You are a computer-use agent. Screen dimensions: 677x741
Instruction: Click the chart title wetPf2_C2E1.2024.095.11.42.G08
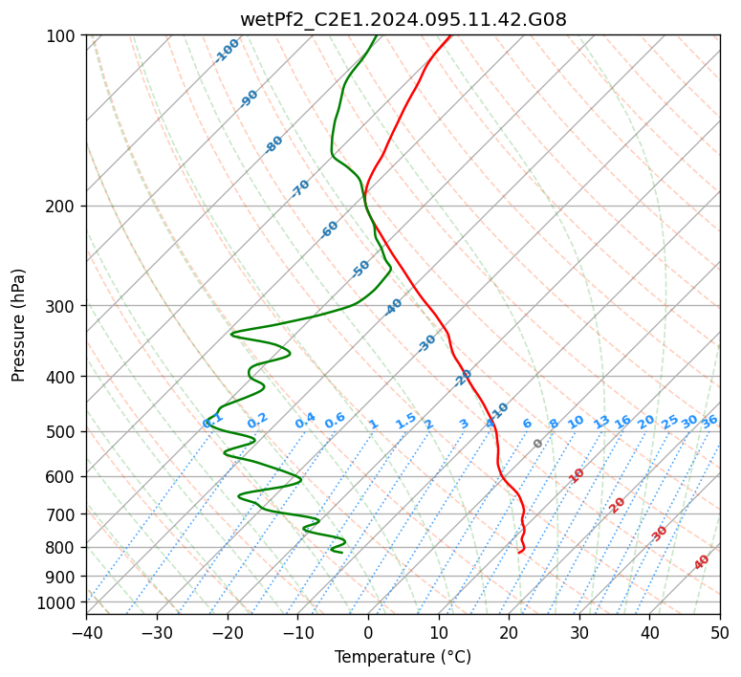pyautogui.click(x=403, y=19)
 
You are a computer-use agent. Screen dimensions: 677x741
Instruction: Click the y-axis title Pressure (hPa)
pyautogui.click(x=19, y=325)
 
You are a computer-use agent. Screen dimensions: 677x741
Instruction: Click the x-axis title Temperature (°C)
pyautogui.click(x=403, y=658)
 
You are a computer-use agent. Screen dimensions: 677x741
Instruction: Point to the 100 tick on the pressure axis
pyautogui.click(x=63, y=35)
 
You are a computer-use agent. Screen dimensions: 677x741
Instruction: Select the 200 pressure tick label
pyautogui.click(x=63, y=206)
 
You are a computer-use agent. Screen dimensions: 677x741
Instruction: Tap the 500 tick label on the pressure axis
pyautogui.click(x=63, y=431)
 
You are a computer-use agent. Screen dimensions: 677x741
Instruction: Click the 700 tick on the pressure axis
pyautogui.click(x=63, y=514)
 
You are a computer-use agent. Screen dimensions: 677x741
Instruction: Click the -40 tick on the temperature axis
pyautogui.click(x=86, y=632)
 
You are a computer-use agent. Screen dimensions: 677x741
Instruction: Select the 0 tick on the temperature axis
pyautogui.click(x=368, y=632)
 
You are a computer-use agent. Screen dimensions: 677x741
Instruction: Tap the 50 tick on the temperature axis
pyautogui.click(x=720, y=632)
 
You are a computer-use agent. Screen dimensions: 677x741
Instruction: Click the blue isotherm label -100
pyautogui.click(x=228, y=50)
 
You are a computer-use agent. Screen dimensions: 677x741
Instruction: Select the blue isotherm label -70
pyautogui.click(x=300, y=188)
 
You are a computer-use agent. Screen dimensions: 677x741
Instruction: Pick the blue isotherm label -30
pyautogui.click(x=426, y=343)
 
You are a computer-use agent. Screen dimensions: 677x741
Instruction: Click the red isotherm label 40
pyautogui.click(x=702, y=562)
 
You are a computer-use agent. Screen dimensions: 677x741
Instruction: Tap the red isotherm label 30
pyautogui.click(x=660, y=534)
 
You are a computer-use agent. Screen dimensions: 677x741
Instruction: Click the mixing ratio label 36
pyautogui.click(x=709, y=421)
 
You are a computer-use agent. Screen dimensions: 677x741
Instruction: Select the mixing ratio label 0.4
pyautogui.click(x=305, y=421)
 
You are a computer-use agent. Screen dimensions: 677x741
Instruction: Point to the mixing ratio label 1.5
pyautogui.click(x=405, y=420)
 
